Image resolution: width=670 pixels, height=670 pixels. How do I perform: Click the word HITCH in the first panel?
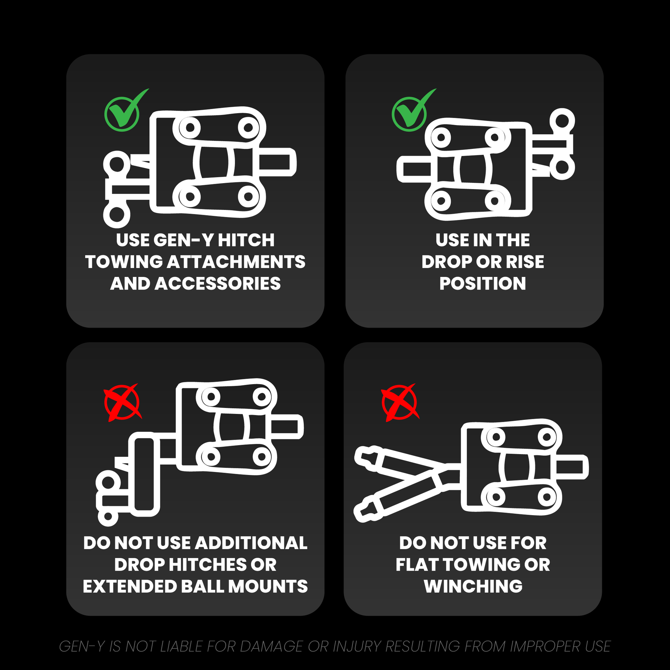coord(246,240)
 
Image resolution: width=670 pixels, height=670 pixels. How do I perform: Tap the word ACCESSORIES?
coord(218,284)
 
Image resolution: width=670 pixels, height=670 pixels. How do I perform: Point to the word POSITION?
coord(483,284)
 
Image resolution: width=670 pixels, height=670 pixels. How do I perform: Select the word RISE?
coord(525,262)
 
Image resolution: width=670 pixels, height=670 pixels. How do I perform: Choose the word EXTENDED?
coord(130,587)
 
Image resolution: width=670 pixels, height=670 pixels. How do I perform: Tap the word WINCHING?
coord(473,587)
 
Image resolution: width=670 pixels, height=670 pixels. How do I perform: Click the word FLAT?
coord(417,565)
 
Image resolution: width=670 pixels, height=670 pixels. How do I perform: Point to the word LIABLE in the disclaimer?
coord(181,647)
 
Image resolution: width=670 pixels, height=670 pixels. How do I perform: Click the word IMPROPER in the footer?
coord(545,647)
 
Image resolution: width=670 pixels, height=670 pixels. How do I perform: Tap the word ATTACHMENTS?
coord(236,262)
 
